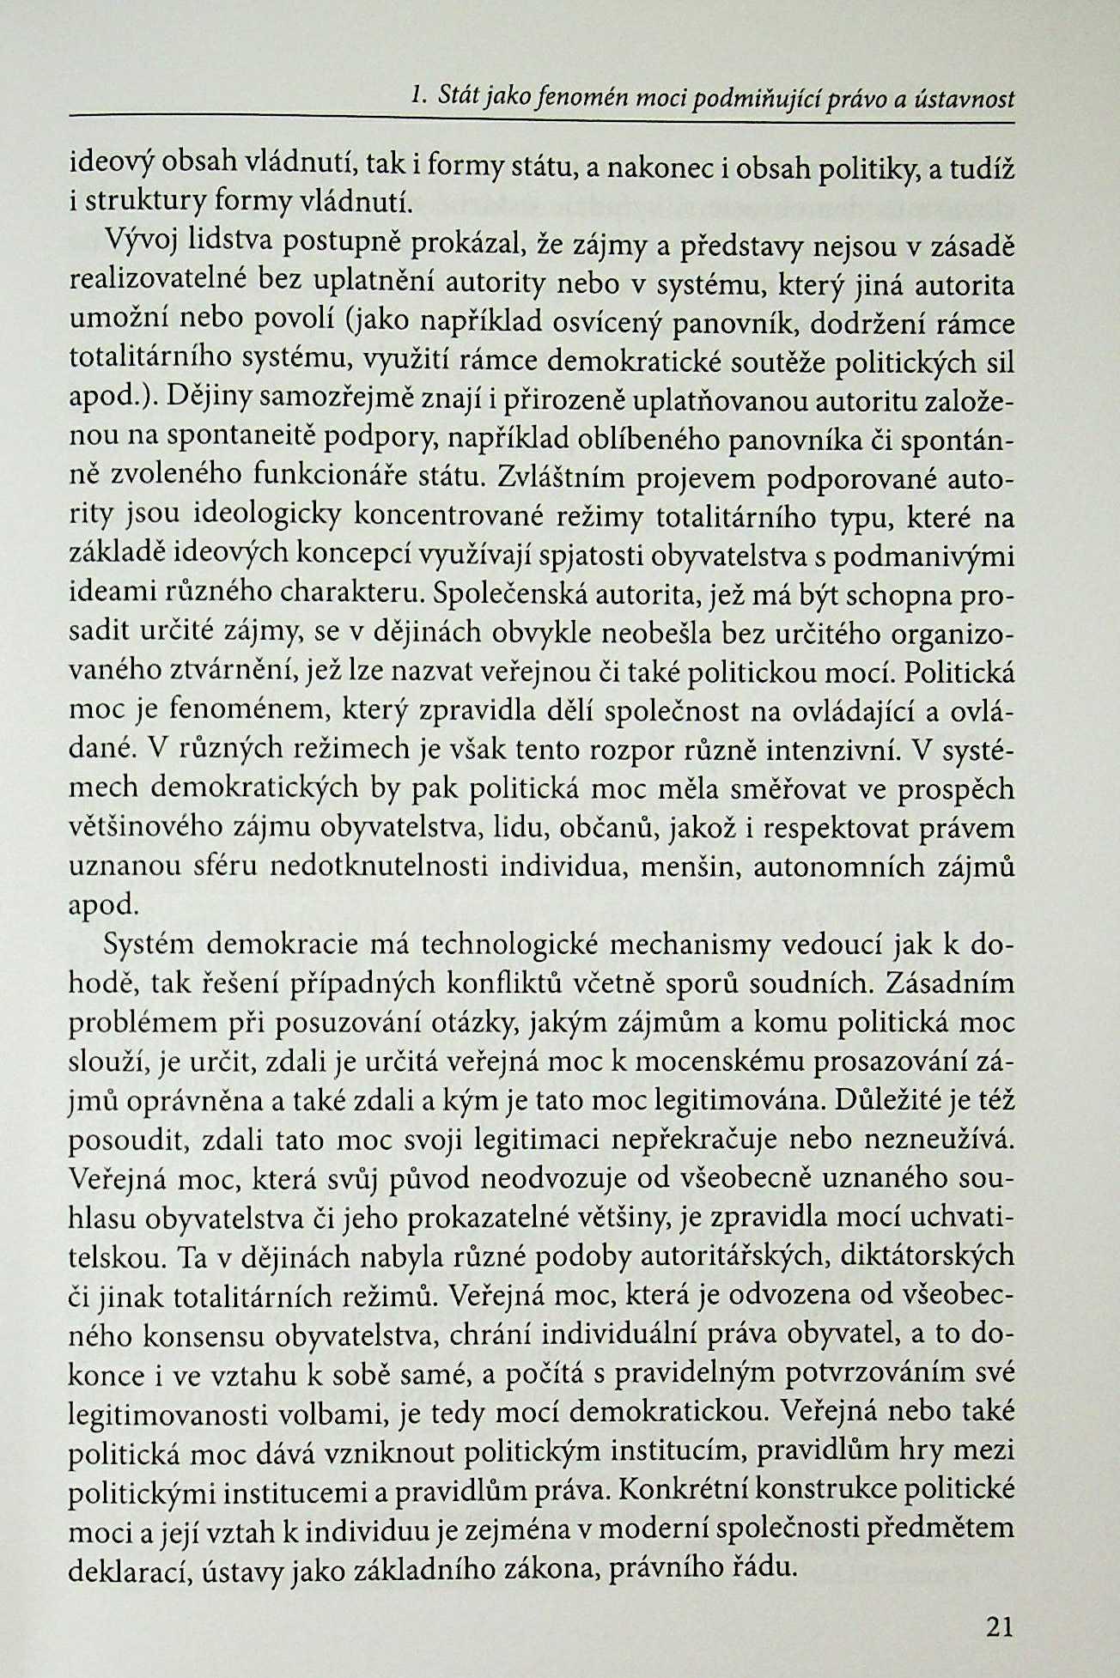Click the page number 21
(x=1000, y=1626)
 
